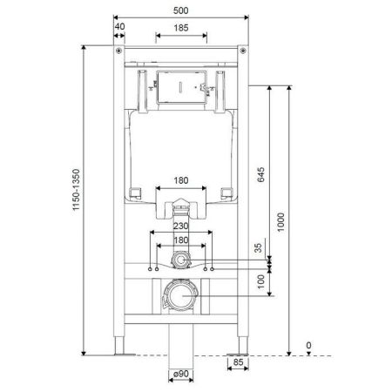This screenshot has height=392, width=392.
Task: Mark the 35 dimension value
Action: point(259,249)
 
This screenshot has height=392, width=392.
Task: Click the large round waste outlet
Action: point(181,299)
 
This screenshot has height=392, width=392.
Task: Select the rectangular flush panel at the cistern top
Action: point(181,87)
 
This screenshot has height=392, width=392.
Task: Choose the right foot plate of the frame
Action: point(240,354)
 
